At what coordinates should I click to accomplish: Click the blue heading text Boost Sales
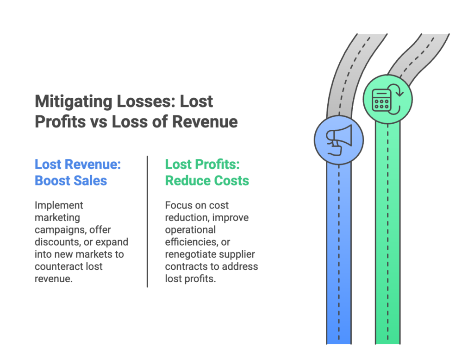coord(71,180)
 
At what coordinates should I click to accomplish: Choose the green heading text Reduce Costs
coord(207,180)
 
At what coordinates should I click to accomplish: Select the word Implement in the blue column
coord(52,205)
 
